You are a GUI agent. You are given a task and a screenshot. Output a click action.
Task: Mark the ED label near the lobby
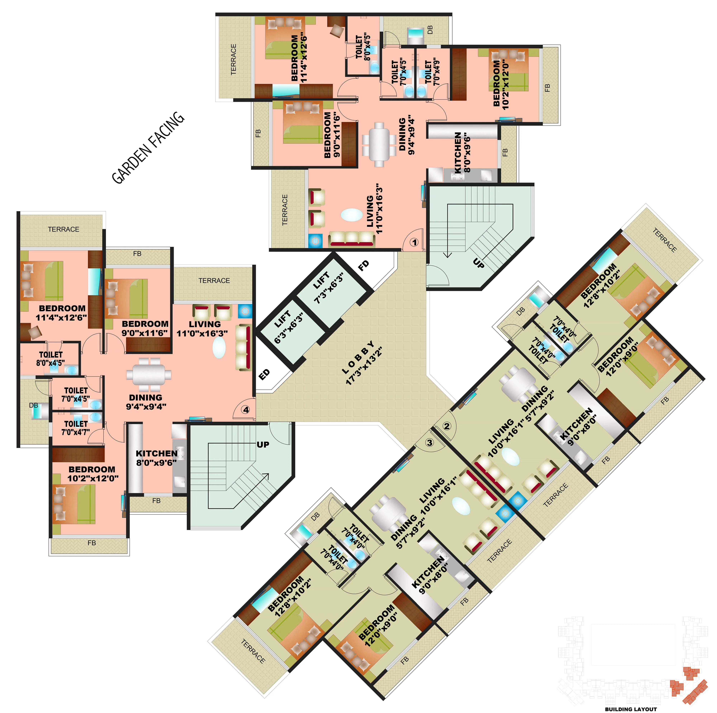[264, 374]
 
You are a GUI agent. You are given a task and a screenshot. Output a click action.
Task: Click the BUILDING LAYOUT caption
[631, 709]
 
